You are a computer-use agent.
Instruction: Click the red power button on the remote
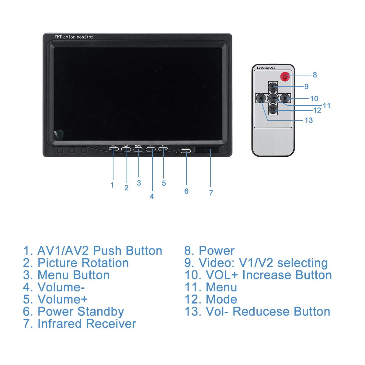[x=285, y=76]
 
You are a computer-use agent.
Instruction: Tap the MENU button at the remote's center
[x=273, y=98]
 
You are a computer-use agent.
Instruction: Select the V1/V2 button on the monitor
[x=113, y=149]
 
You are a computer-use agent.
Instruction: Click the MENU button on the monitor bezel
[x=138, y=149]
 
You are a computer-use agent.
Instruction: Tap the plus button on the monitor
[x=163, y=149]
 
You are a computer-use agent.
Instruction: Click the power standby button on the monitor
[x=186, y=151]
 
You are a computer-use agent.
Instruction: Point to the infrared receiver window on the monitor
[x=207, y=150]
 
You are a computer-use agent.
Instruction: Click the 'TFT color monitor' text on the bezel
[x=74, y=37]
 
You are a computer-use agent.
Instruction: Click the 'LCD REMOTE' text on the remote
[x=266, y=68]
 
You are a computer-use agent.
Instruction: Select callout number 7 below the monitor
[x=211, y=193]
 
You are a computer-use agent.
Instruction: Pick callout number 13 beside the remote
[x=309, y=120]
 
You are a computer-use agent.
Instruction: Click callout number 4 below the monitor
[x=152, y=196]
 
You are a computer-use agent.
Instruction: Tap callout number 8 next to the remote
[x=315, y=75]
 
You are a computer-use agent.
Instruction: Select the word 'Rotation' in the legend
[x=105, y=263]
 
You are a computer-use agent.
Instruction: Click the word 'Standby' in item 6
[x=101, y=311]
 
